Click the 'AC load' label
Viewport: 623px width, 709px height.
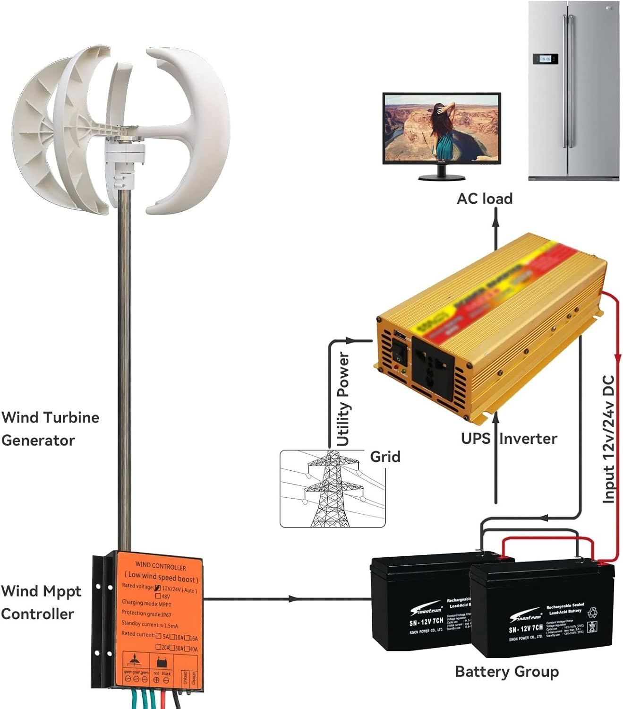click(x=484, y=199)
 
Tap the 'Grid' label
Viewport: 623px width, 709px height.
click(x=385, y=457)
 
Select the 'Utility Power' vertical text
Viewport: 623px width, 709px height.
click(x=343, y=400)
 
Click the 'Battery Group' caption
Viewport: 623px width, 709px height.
click(x=506, y=672)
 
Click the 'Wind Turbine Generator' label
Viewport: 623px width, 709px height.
click(x=50, y=429)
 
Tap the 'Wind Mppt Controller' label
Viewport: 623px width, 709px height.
click(x=41, y=602)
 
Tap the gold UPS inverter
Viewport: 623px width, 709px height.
click(x=491, y=326)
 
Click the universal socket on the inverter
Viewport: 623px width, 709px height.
click(x=433, y=364)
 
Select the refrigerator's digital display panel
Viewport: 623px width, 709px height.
click(x=545, y=59)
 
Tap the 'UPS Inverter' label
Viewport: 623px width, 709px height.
click(x=509, y=439)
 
